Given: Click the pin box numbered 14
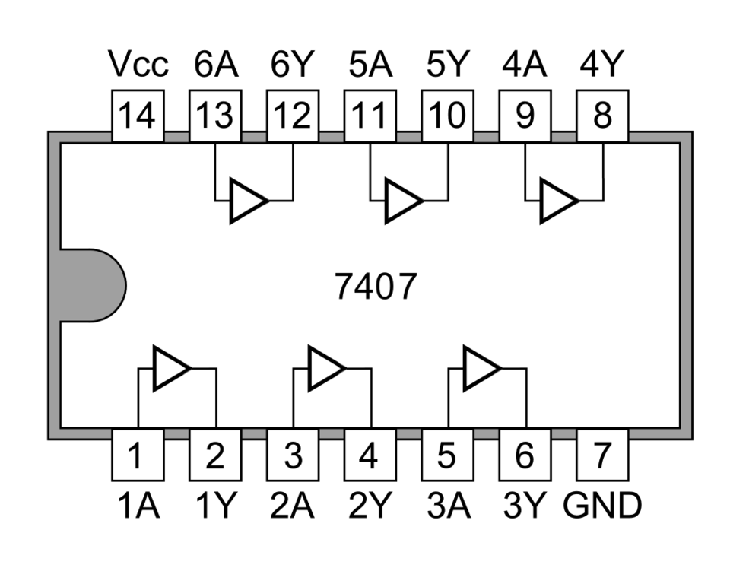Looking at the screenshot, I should pyautogui.click(x=138, y=116).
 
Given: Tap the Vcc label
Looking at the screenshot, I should pyautogui.click(x=138, y=66).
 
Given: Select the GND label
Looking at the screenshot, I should pyautogui.click(x=602, y=506).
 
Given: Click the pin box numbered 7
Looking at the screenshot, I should pyautogui.click(x=602, y=455).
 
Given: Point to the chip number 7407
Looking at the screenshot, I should pyautogui.click(x=376, y=287).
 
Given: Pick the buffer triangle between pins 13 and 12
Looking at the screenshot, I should pyautogui.click(x=247, y=201).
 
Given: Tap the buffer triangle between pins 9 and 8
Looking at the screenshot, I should pyautogui.click(x=557, y=201).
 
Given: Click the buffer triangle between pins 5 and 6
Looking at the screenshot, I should pyautogui.click(x=480, y=369).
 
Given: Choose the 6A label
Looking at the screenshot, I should pyautogui.click(x=215, y=66).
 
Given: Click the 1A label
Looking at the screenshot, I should pyautogui.click(x=138, y=506).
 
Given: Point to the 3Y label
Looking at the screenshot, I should pyautogui.click(x=525, y=506).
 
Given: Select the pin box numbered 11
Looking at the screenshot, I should pyautogui.click(x=370, y=116).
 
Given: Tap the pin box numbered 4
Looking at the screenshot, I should pyautogui.click(x=370, y=455).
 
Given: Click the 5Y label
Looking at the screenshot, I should pyautogui.click(x=447, y=66).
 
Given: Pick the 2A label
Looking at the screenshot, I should pyautogui.click(x=293, y=506).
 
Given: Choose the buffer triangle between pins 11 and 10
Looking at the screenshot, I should pyautogui.click(x=401, y=201).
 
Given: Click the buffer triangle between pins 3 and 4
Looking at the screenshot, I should pyautogui.click(x=325, y=369).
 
